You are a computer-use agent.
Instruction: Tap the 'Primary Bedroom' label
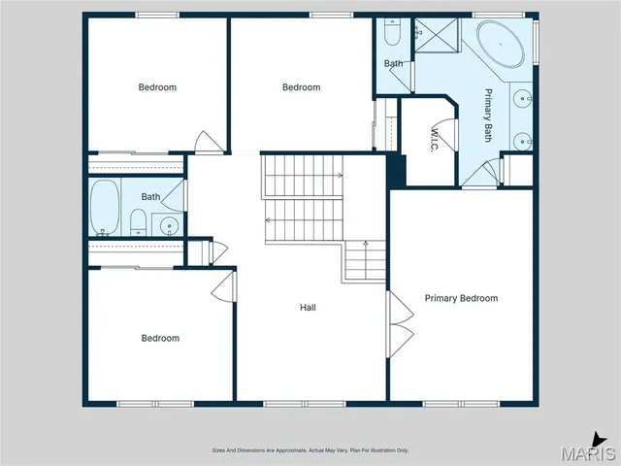click(x=461, y=298)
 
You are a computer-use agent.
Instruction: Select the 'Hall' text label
click(x=308, y=308)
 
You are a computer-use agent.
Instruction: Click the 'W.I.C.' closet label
click(x=436, y=141)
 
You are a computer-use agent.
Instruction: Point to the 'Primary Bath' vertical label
click(x=489, y=116)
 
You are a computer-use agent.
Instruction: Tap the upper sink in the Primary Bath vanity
click(x=524, y=98)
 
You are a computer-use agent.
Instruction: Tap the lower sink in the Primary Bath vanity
click(x=525, y=142)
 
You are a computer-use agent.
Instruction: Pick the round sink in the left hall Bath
click(x=170, y=228)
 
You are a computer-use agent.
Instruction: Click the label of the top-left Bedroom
click(x=157, y=87)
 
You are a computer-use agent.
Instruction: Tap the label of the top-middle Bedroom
click(x=301, y=87)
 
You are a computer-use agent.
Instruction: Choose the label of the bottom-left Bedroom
click(x=160, y=338)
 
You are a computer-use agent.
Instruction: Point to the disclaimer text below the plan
click(x=310, y=450)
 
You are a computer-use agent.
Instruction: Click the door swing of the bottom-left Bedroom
click(x=224, y=286)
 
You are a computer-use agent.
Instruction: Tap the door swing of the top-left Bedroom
click(x=207, y=142)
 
